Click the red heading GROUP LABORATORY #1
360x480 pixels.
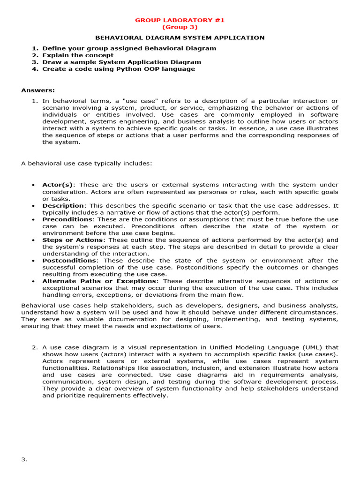click(x=180, y=20)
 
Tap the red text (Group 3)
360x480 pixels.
click(x=180, y=27)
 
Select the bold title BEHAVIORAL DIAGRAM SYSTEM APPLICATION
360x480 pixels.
click(x=180, y=37)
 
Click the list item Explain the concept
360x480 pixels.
click(x=78, y=55)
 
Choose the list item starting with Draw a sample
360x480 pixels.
click(x=121, y=62)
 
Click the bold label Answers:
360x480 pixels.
click(x=38, y=90)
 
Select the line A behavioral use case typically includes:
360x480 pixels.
click(x=86, y=163)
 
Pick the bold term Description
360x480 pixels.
click(x=63, y=205)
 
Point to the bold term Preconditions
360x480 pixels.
click(x=67, y=219)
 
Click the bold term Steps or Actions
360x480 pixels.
click(x=73, y=240)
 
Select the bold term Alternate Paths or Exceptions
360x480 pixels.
click(x=99, y=281)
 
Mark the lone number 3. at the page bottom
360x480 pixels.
click(x=24, y=459)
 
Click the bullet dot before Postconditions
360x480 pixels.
click(x=33, y=261)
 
